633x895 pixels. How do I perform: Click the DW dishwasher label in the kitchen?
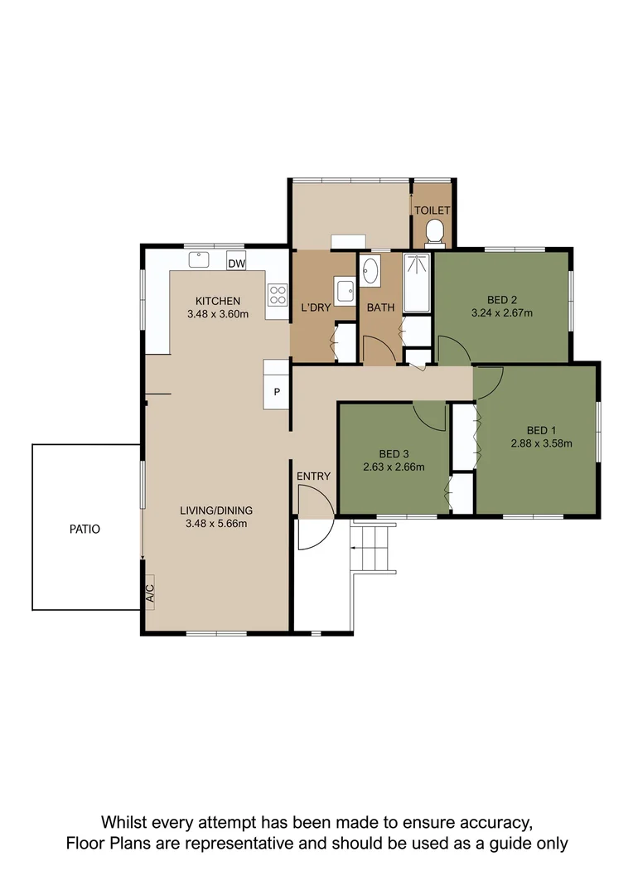[236, 264]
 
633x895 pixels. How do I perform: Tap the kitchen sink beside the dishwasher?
[199, 259]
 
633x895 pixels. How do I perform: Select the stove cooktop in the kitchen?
[277, 295]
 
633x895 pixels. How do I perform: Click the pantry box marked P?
[276, 392]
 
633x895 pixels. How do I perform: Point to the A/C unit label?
[150, 593]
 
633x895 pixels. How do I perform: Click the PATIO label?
[85, 529]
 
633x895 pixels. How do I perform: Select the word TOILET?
[432, 210]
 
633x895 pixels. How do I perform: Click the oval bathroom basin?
[370, 270]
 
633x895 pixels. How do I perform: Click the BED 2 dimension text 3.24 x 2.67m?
[501, 313]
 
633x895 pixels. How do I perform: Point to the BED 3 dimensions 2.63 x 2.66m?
[394, 467]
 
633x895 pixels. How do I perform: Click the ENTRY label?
[313, 476]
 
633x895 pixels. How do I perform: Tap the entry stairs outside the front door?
[370, 548]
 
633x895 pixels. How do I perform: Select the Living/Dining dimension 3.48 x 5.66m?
[216, 523]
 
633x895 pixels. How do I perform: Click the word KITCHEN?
[218, 301]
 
